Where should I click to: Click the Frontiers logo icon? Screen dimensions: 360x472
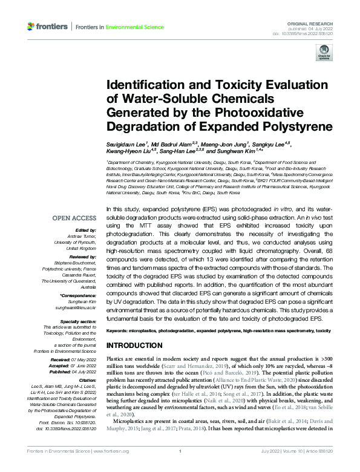pos(30,27)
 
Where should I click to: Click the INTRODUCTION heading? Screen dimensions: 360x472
pos(136,345)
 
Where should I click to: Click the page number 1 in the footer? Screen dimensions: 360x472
pos(180,468)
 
